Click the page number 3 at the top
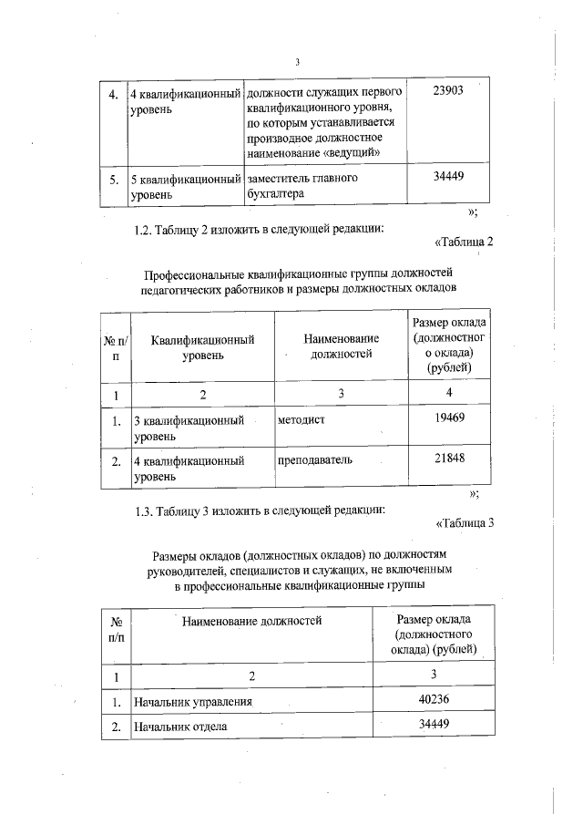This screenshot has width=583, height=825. [x=298, y=62]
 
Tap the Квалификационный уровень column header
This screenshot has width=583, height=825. [x=202, y=346]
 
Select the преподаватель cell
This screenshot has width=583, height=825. [x=314, y=461]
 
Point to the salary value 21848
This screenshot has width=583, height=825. [x=448, y=459]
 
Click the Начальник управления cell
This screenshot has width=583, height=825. [x=192, y=702]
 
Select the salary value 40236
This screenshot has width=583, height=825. [x=433, y=699]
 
